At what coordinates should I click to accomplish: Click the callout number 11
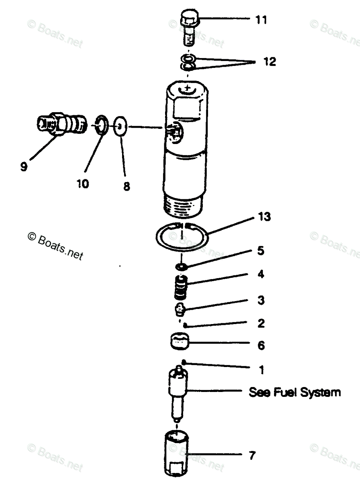(261, 20)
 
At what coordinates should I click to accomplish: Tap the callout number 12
(269, 62)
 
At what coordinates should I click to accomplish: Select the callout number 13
(264, 217)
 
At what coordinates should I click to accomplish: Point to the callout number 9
(24, 167)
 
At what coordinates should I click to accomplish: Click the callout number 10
(82, 184)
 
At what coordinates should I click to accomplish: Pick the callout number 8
(127, 187)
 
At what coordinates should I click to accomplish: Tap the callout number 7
(252, 455)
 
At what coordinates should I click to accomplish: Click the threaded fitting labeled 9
(60, 123)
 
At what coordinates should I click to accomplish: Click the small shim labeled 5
(181, 267)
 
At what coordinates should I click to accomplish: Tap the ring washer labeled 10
(100, 125)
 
